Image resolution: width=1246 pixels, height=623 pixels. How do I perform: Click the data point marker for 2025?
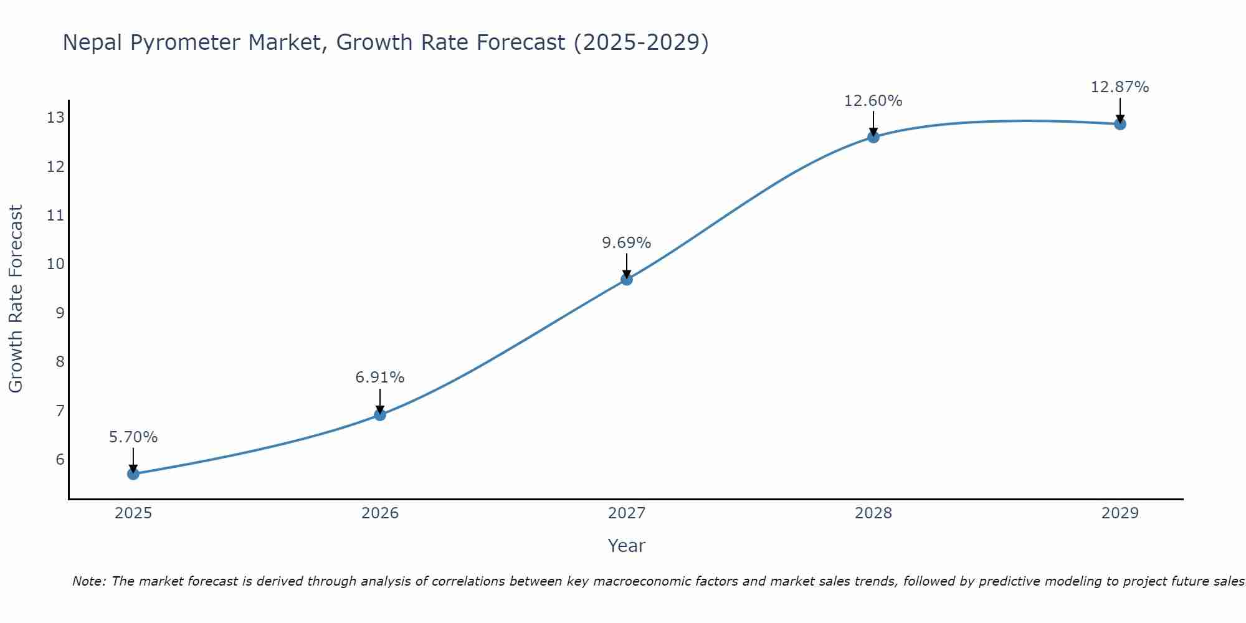[x=133, y=474]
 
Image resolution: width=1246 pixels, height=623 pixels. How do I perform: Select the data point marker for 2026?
[x=380, y=415]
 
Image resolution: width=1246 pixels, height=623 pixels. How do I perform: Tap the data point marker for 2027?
[x=627, y=280]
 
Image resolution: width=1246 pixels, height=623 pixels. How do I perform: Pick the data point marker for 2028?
[x=873, y=137]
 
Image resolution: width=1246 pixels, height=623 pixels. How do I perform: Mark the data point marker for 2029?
[x=1120, y=124]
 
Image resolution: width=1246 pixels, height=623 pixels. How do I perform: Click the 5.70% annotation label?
[x=133, y=437]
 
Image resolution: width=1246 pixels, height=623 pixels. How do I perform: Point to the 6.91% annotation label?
[x=380, y=378]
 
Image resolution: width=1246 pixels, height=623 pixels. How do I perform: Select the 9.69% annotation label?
[x=627, y=243]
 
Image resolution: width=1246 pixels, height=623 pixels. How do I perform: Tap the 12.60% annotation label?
[x=873, y=101]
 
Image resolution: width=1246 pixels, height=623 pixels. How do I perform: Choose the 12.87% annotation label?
[x=1120, y=87]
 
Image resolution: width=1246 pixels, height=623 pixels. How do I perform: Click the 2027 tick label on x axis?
[x=627, y=513]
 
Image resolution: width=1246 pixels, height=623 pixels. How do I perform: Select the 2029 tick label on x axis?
[x=1120, y=513]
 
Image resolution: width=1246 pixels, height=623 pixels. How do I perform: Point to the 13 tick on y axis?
[x=55, y=118]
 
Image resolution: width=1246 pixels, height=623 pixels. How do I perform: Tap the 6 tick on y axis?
[x=60, y=460]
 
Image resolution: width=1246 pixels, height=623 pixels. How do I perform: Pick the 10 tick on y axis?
[x=55, y=264]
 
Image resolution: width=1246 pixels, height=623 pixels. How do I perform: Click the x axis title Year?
[x=627, y=546]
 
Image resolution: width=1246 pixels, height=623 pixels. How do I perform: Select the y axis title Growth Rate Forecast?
[x=16, y=299]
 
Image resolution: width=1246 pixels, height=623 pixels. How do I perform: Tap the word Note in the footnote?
[x=88, y=582]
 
